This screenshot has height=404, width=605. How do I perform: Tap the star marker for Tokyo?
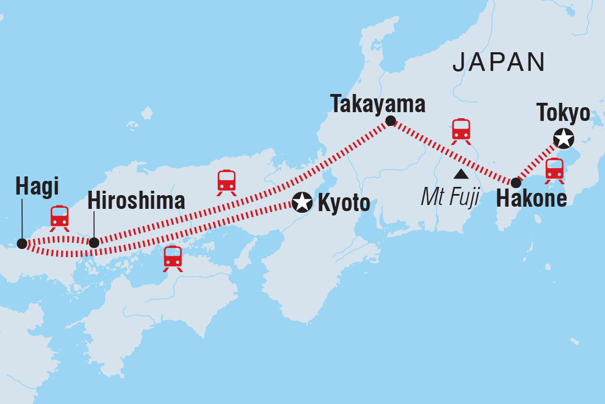coord(563,138)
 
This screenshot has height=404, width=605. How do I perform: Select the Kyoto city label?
coord(344,203)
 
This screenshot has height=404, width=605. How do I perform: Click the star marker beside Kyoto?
coord(301,202)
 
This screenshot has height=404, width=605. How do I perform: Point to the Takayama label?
coord(378,104)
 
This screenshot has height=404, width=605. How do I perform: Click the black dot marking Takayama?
coord(390,121)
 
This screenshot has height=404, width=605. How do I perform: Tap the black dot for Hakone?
coord(515,182)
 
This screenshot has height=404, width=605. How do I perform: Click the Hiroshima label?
coord(136,201)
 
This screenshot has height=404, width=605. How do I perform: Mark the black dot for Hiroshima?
coord(94,242)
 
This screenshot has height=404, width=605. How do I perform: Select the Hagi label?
coord(36,187)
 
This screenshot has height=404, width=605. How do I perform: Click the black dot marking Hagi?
coord(22,243)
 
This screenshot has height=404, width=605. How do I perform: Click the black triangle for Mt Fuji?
coord(460,175)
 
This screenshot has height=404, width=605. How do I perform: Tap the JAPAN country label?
coord(498,63)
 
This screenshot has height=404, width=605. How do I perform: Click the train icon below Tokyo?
coord(554,170)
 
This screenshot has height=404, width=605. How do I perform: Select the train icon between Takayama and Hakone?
coord(461,131)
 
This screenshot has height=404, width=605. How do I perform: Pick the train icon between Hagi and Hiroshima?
coord(59,218)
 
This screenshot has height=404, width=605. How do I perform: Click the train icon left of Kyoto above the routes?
coord(227,182)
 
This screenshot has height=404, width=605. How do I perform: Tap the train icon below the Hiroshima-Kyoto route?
coord(173,258)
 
